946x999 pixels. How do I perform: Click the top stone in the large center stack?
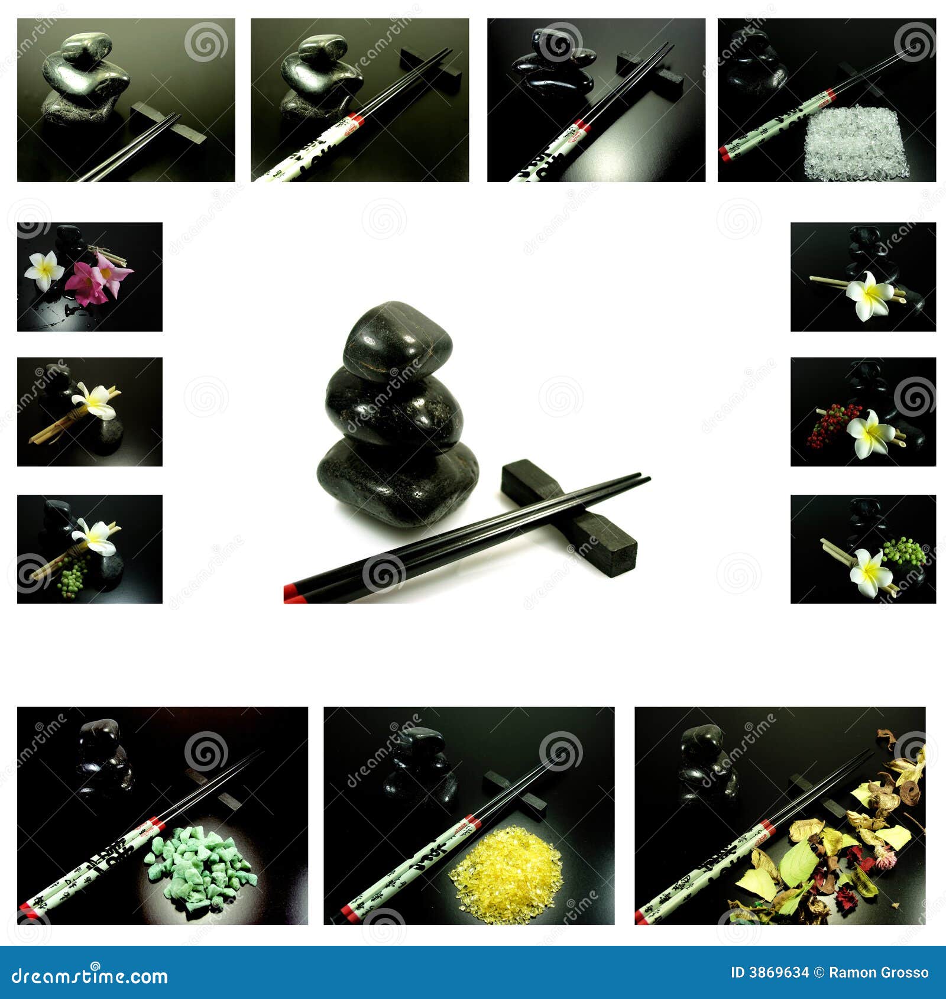(x=397, y=341)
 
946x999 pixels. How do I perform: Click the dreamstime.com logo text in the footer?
(x=90, y=976)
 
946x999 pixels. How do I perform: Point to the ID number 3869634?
(x=770, y=972)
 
